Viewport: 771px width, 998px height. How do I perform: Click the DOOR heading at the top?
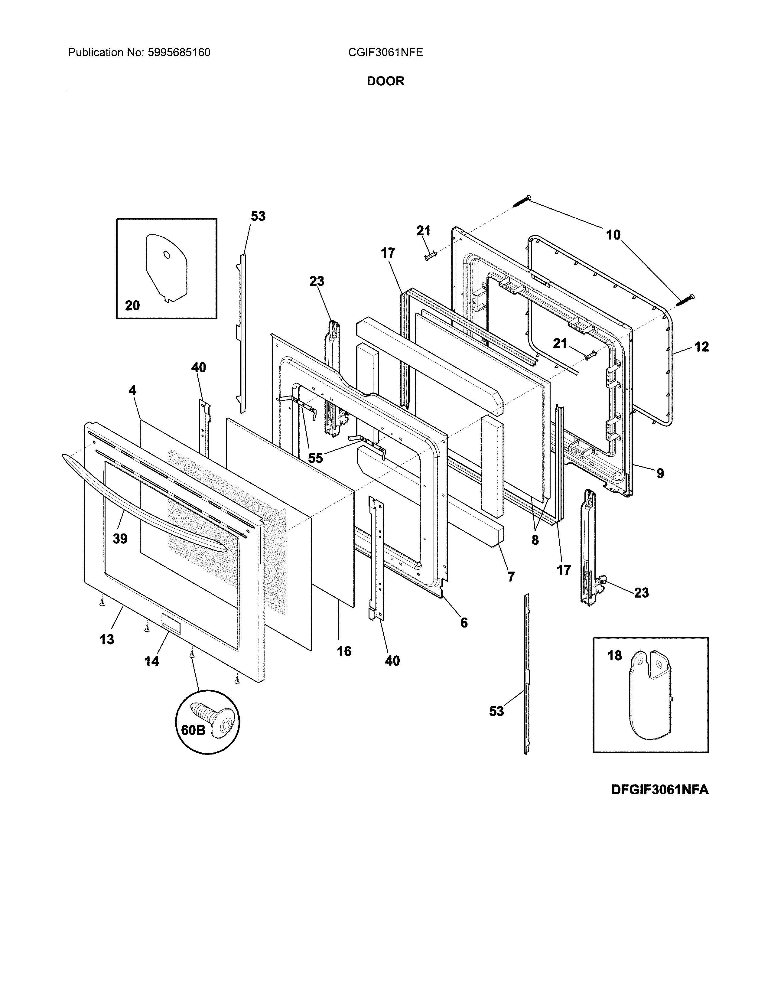pyautogui.click(x=385, y=81)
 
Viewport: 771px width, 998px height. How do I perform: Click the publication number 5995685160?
pyautogui.click(x=179, y=53)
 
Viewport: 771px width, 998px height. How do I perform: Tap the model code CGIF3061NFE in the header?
pyautogui.click(x=385, y=53)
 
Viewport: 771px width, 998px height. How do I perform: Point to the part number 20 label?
pyautogui.click(x=132, y=305)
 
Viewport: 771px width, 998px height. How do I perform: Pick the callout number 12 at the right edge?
pyautogui.click(x=701, y=347)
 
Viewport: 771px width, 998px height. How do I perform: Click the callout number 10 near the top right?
pyautogui.click(x=613, y=235)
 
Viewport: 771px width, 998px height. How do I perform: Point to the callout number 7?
pyautogui.click(x=511, y=577)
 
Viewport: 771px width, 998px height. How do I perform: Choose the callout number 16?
pyautogui.click(x=344, y=651)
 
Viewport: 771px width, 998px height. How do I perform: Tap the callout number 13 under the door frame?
pyautogui.click(x=107, y=639)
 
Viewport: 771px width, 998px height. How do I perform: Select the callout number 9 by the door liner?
pyautogui.click(x=660, y=473)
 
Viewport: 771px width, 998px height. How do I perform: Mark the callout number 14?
pyautogui.click(x=152, y=661)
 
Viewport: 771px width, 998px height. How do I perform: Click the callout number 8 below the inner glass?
pyautogui.click(x=535, y=540)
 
